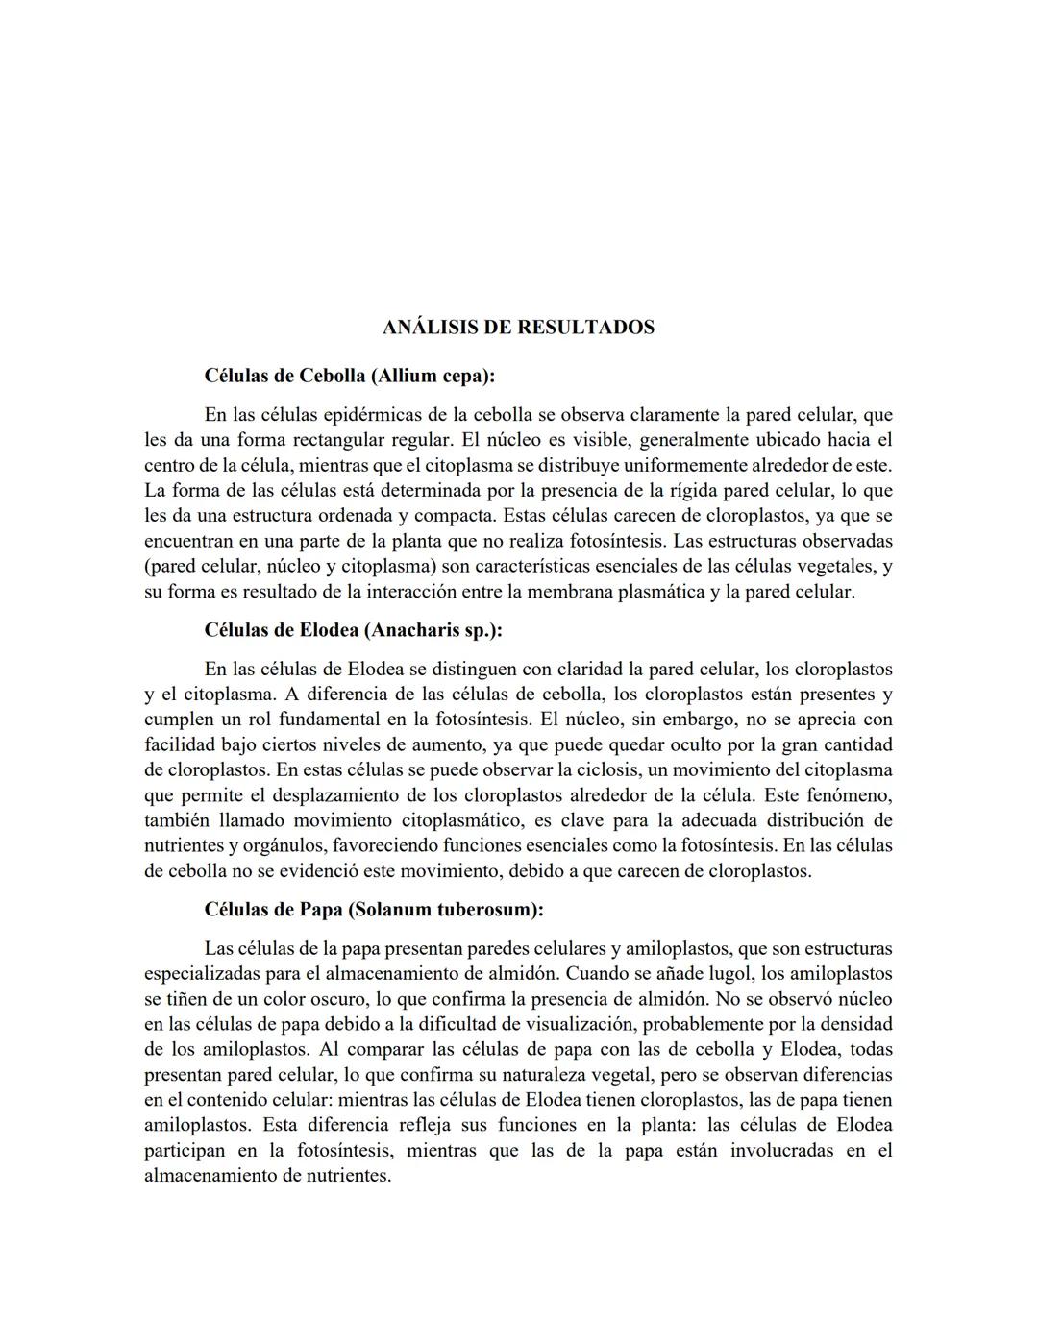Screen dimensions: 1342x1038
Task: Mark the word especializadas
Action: pyautogui.click(x=206, y=973)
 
